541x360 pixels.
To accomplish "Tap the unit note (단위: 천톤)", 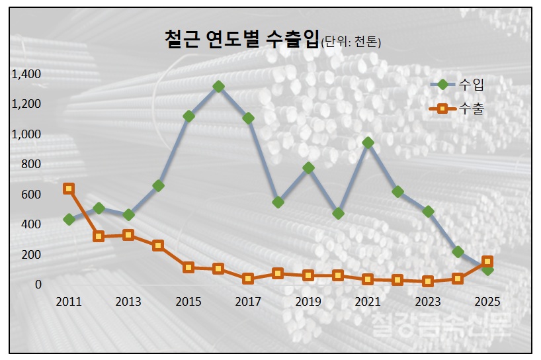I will (x=351, y=42).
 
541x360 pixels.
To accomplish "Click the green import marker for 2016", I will (x=218, y=87).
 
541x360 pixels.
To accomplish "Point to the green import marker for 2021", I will (x=368, y=142).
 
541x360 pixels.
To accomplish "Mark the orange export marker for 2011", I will (x=69, y=189).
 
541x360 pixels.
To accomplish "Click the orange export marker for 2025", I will (x=487, y=261).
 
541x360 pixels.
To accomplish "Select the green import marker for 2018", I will (x=278, y=202).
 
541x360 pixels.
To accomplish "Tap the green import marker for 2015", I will (x=188, y=116).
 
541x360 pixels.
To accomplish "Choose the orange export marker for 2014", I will (x=158, y=246).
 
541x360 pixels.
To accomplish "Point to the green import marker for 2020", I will (x=338, y=214).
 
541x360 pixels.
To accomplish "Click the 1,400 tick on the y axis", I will (x=26, y=73).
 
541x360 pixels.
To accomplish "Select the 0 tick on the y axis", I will (x=38, y=285).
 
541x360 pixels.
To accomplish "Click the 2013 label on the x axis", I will (x=128, y=302).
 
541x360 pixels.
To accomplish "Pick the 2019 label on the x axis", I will (x=308, y=302).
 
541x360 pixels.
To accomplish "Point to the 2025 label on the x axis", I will (x=487, y=302).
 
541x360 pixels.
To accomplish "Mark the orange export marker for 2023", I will (x=428, y=281).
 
